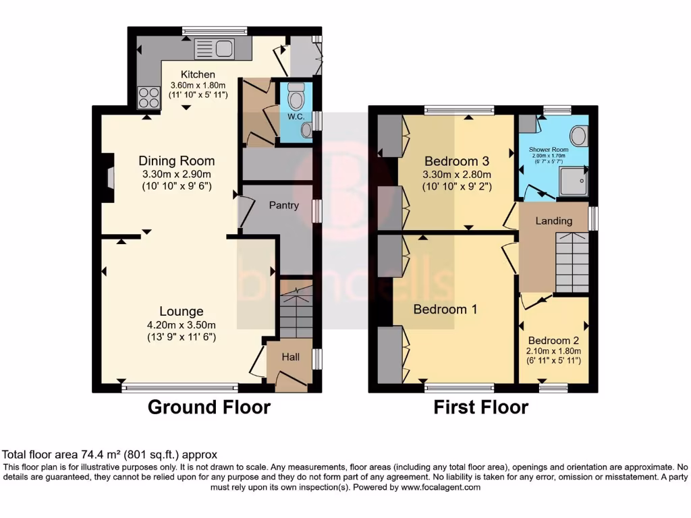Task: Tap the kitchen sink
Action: point(213,49)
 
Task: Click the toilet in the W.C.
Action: point(296,98)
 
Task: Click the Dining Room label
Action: point(177,161)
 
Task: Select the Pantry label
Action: point(283,205)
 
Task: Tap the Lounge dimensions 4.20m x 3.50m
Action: point(182,324)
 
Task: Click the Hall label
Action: point(290,357)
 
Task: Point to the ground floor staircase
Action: point(296,310)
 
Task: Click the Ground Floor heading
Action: point(209,407)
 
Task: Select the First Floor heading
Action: point(480,407)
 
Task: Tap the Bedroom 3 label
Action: point(456,161)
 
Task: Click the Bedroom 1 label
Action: point(445,309)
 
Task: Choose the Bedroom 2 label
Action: point(553,340)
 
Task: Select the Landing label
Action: point(553,221)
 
